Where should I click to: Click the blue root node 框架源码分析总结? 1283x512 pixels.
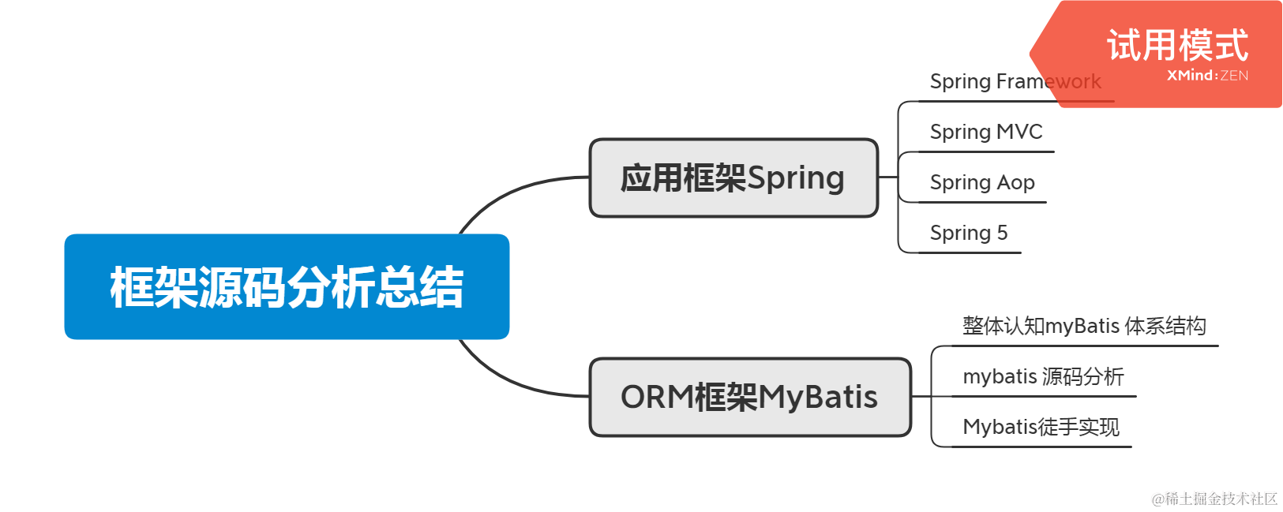[x=287, y=286]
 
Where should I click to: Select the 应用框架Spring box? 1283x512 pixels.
[x=733, y=178]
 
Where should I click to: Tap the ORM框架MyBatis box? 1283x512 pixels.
[x=750, y=397]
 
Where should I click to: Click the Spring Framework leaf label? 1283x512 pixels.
[x=1015, y=81]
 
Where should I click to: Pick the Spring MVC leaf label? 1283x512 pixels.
[x=986, y=132]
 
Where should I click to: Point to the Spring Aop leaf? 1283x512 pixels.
[x=982, y=182]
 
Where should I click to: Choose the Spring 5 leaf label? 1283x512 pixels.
[x=969, y=233]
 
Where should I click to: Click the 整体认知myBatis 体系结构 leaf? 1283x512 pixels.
[x=1084, y=326]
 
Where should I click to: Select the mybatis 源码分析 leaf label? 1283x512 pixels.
[x=1043, y=376]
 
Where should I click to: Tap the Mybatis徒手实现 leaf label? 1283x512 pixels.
[x=1041, y=427]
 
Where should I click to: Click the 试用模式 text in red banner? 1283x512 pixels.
[x=1177, y=45]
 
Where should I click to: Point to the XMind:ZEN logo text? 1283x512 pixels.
[x=1207, y=76]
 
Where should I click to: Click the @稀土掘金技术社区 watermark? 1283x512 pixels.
[x=1214, y=499]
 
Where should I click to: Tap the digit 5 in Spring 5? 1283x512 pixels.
[x=1002, y=233]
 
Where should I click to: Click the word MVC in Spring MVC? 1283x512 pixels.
[x=1019, y=132]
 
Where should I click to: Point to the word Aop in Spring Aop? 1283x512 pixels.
[x=1015, y=183]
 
